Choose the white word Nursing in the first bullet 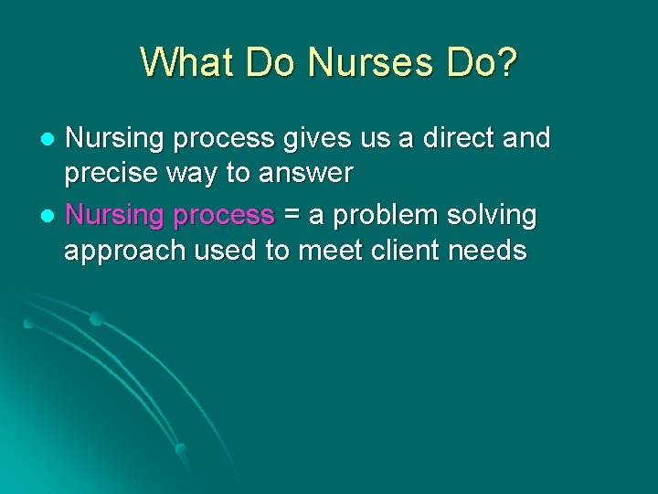[x=117, y=139]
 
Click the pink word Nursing [x=117, y=217]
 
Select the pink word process [x=225, y=217]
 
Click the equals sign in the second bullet [x=292, y=217]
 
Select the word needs [x=494, y=252]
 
